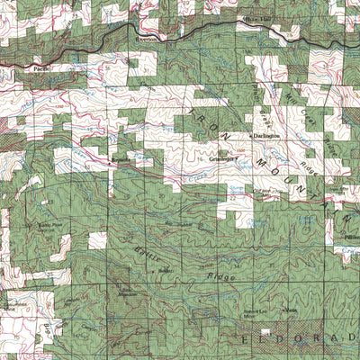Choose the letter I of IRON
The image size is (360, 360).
pyautogui.click(x=193, y=112)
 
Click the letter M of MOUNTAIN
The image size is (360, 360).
pyautogui.click(x=261, y=155)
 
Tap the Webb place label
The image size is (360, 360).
pyautogui.click(x=290, y=310)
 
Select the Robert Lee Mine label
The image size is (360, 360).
pyautogui.click(x=258, y=312)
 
